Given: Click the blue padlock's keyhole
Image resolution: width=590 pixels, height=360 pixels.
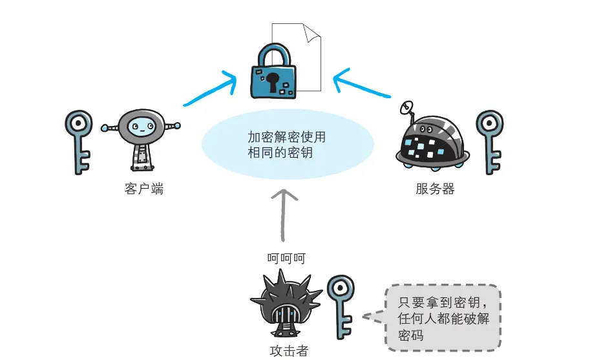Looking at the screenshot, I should coord(273,81).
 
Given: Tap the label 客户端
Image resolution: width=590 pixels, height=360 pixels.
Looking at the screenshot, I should coord(143,190).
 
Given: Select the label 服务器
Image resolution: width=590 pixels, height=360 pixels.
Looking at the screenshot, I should coord(436,190).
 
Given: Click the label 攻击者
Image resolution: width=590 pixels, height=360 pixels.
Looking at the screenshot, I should coord(288,351).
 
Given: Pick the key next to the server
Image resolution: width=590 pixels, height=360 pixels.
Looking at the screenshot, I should coord(489,141).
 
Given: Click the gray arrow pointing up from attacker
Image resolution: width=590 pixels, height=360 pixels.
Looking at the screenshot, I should coord(282,213).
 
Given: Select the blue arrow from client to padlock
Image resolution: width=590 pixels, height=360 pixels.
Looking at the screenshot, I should coord(210,90).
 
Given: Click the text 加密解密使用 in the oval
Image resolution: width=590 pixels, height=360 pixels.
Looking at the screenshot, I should coord(286,137).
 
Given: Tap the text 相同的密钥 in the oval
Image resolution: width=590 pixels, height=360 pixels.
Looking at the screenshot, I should coord(280,153).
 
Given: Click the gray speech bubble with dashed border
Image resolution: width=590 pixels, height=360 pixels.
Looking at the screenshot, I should coord(442,317).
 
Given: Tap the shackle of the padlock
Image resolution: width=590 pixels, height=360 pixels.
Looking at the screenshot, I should coord(273,53).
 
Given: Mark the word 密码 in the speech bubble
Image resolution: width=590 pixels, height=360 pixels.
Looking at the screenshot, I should coord(411,335).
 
